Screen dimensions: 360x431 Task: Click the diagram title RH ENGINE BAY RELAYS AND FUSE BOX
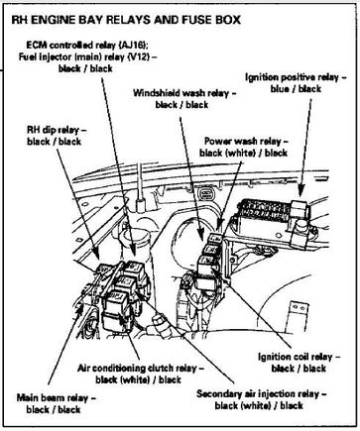[x=126, y=20]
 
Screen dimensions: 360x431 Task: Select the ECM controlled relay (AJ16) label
[x=89, y=45]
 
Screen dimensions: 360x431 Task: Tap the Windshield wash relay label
[x=184, y=93]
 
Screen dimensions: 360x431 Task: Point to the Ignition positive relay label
[x=296, y=77]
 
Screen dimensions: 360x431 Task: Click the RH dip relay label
[x=57, y=130]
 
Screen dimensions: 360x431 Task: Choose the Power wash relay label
[x=246, y=142]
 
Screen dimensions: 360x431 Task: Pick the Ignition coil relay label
[x=299, y=357]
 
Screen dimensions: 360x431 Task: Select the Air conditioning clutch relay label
[x=141, y=368]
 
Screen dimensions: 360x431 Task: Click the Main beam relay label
[x=56, y=397]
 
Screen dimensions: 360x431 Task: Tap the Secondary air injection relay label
[x=261, y=393]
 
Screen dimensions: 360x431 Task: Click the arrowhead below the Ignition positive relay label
[x=300, y=191]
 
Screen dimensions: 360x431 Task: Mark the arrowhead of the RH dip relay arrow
[x=95, y=253]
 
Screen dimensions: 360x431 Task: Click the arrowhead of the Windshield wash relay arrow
[x=201, y=235]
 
